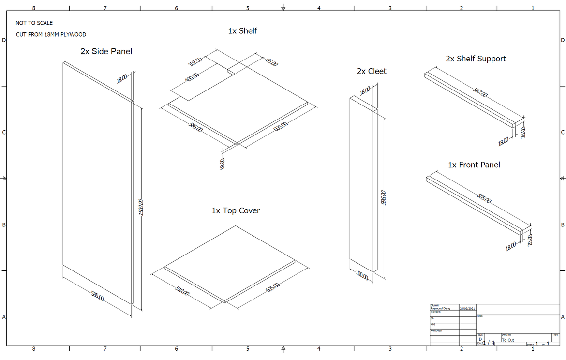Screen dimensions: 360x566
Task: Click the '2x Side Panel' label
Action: [106, 51]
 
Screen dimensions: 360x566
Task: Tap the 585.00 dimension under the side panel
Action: [97, 296]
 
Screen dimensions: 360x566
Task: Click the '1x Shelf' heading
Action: [242, 31]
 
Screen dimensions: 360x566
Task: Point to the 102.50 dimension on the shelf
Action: [195, 62]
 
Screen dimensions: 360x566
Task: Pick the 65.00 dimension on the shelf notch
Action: [271, 62]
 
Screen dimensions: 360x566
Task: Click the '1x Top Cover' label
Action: [236, 211]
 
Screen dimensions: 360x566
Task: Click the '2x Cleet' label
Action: [372, 71]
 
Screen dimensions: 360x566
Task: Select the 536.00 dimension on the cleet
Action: [383, 199]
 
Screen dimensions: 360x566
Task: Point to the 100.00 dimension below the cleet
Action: [362, 277]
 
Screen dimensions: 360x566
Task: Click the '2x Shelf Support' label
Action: [476, 59]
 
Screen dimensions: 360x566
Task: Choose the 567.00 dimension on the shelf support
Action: [480, 92]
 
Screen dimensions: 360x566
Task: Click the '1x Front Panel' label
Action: [474, 165]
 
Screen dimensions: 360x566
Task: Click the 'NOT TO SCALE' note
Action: [34, 23]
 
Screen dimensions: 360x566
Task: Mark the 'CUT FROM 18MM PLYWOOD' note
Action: [51, 35]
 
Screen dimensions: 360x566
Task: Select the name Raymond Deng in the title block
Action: [440, 308]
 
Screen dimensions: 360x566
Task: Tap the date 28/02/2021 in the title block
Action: [467, 308]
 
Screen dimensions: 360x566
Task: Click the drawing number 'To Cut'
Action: [508, 340]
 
